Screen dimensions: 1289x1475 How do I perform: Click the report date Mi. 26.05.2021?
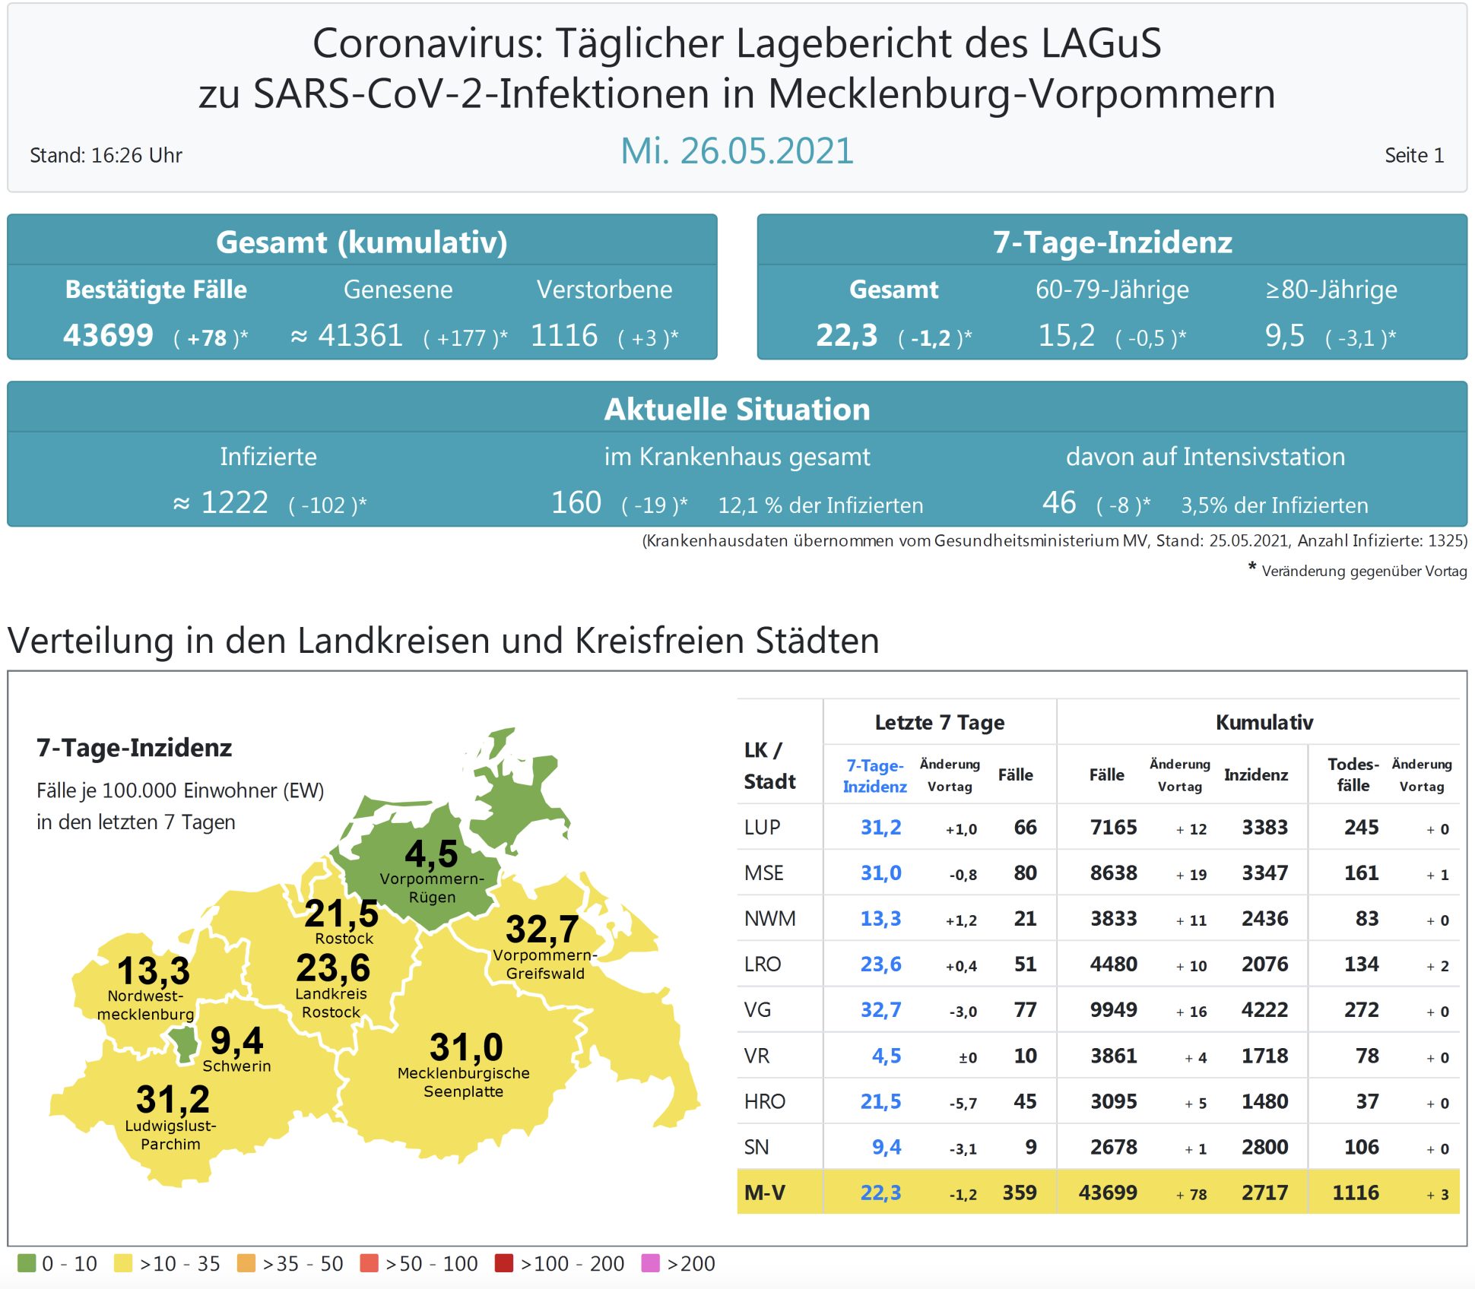click(737, 151)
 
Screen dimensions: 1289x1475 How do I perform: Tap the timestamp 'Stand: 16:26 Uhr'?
click(106, 156)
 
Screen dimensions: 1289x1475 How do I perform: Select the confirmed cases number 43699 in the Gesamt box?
click(108, 335)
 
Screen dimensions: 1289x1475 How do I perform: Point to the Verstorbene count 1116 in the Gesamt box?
click(564, 335)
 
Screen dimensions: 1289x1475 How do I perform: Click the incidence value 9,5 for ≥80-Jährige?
click(1284, 335)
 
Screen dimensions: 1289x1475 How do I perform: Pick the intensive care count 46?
click(1058, 502)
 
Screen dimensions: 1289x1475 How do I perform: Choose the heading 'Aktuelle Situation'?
click(737, 410)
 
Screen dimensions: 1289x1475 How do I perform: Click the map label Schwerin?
click(236, 1066)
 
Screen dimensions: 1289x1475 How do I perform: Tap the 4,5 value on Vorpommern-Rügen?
click(431, 854)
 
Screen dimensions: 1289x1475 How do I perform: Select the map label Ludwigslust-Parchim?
click(170, 1135)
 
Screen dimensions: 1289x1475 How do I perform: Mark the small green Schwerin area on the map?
click(183, 1044)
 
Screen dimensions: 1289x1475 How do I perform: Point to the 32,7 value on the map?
click(542, 929)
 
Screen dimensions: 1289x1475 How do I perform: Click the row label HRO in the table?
click(764, 1101)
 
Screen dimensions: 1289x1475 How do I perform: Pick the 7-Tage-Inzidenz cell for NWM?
click(880, 919)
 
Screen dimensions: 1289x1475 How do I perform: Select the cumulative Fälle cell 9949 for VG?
click(1113, 1010)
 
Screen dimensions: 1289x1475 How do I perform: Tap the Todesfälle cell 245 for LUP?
click(1361, 828)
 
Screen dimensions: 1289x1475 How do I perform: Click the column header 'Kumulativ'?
click(1264, 722)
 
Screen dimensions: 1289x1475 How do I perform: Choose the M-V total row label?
click(764, 1192)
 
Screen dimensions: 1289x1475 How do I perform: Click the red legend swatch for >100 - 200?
click(503, 1263)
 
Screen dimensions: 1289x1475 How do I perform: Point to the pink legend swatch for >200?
click(650, 1263)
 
